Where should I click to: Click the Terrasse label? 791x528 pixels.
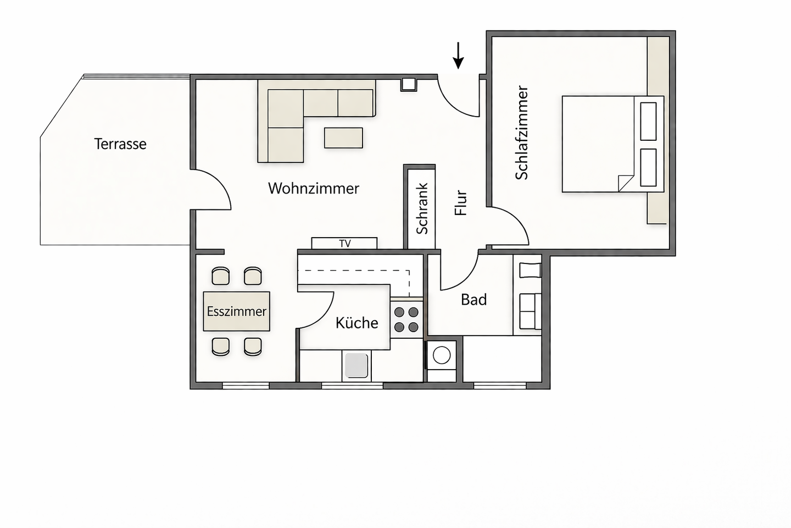click(120, 144)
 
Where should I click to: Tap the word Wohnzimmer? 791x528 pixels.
click(314, 189)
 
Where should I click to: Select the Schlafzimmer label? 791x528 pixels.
click(522, 133)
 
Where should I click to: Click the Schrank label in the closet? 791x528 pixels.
click(422, 208)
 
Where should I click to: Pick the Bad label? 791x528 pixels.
click(474, 300)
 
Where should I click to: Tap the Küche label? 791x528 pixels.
click(356, 323)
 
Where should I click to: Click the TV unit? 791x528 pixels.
click(344, 243)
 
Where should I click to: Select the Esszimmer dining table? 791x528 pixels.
click(237, 311)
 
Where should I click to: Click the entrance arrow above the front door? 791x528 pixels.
click(458, 56)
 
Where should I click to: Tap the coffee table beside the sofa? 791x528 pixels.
click(344, 138)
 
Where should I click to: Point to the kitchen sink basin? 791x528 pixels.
click(356, 366)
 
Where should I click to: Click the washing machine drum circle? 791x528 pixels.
click(442, 355)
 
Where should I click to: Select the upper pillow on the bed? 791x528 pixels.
click(648, 122)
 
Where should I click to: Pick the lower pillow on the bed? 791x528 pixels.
click(648, 167)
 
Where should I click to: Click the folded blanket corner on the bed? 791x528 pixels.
click(626, 183)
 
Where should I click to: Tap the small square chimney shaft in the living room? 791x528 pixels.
click(409, 84)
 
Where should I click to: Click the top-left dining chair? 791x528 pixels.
click(221, 276)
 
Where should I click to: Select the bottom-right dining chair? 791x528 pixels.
click(253, 346)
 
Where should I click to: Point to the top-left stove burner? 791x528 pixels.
click(399, 312)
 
